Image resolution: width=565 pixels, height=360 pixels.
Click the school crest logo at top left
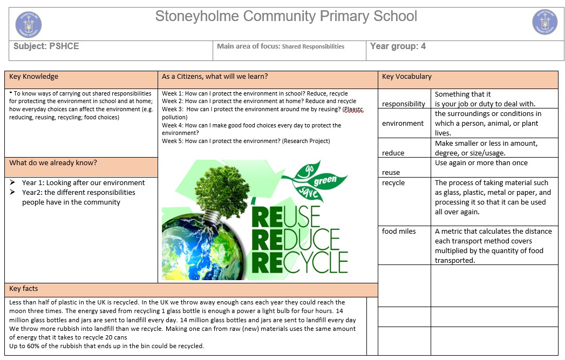[29, 24]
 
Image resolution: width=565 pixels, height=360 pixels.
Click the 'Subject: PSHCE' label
[46, 46]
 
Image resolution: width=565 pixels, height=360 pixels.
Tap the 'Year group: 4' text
[398, 46]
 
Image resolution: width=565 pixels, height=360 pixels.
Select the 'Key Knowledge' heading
[34, 77]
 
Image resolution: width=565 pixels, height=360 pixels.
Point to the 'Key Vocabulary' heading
[407, 77]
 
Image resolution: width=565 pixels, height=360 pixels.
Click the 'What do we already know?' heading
[53, 163]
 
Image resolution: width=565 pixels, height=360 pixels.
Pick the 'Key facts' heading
[24, 289]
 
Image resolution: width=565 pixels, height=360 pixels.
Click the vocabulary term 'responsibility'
[404, 104]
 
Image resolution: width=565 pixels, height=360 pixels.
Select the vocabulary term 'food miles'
[399, 232]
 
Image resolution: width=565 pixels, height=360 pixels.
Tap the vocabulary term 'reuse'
[391, 173]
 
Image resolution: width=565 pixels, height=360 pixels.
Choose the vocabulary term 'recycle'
[393, 183]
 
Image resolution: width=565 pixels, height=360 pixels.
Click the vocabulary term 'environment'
[403, 124]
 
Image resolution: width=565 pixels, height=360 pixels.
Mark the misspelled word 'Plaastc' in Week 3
[353, 110]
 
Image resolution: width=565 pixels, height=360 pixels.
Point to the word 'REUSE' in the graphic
[286, 216]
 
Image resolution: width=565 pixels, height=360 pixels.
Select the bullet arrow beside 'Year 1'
[13, 183]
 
